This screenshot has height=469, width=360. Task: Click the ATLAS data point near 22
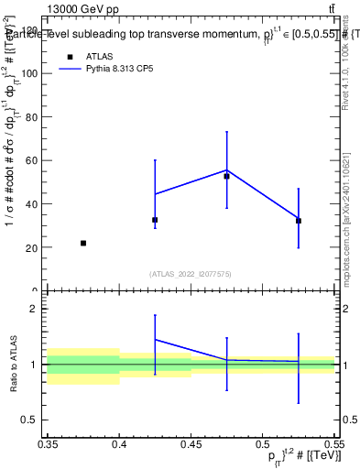click(83, 243)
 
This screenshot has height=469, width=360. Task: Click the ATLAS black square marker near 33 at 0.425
click(155, 220)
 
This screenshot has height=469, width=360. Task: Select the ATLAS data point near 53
click(226, 176)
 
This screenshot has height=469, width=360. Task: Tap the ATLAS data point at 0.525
click(299, 221)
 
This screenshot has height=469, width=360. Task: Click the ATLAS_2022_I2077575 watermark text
click(191, 273)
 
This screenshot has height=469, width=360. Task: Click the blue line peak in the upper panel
click(226, 169)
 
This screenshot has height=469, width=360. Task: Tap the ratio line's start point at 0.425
click(155, 339)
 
